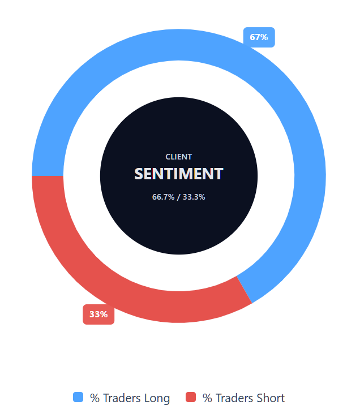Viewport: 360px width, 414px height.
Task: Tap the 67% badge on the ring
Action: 259,37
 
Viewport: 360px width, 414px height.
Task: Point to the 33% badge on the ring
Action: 98,314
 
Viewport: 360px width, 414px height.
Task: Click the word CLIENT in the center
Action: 178,157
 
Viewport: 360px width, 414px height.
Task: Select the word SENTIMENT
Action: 179,174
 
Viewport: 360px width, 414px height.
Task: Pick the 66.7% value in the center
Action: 162,197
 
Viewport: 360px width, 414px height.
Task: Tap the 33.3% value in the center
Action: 194,197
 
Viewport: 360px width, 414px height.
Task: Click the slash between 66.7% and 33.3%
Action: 178,197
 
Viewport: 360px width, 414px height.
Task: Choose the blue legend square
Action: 78,397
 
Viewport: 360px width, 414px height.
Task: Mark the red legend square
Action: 191,397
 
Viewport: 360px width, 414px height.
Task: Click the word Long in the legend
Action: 156,398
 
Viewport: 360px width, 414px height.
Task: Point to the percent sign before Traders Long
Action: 95,398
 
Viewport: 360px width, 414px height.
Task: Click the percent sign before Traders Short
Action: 207,398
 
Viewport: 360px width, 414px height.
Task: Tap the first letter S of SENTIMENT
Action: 139,174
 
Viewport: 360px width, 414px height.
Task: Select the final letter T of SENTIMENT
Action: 219,174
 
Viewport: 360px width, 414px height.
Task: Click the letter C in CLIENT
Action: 168,157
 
